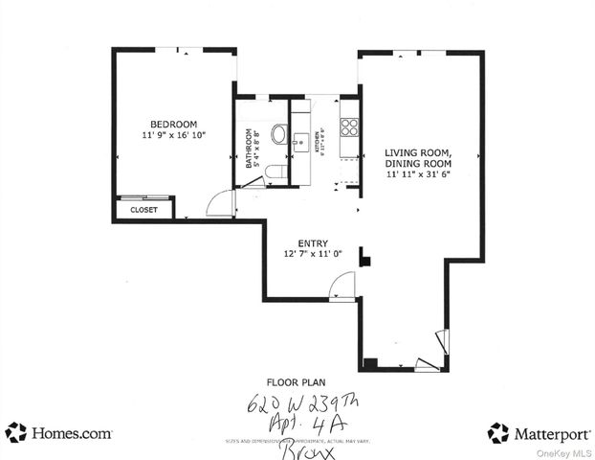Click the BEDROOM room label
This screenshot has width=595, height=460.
pos(173,124)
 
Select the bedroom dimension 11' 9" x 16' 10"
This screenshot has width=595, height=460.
pos(173,136)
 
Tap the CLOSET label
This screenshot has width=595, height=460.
pos(143,209)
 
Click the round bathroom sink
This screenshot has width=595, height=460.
pos(278,134)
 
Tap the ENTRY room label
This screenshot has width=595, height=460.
pos(313,243)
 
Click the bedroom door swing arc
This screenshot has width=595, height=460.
pos(221,203)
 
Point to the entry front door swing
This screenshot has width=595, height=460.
pos(342,287)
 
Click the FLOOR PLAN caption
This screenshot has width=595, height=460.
pos(303,380)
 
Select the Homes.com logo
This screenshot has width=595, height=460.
pos(58,432)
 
